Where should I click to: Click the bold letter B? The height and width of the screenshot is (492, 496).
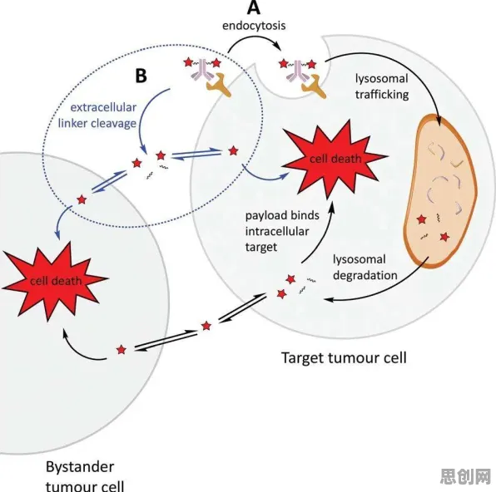pos(141,76)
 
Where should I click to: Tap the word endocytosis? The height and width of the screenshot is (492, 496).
pos(254,26)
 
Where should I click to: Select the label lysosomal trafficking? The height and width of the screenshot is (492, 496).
pos(382,86)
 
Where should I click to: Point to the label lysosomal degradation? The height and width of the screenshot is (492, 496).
pos(365,268)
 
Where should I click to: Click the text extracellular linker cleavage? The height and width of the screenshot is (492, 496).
pos(97,116)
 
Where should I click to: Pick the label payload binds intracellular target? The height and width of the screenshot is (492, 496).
pos(282,231)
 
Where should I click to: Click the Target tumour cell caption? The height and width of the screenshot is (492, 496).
pos(344,358)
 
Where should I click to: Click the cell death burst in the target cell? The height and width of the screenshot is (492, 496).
pos(335,158)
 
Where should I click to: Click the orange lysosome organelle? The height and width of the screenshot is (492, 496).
pos(440,191)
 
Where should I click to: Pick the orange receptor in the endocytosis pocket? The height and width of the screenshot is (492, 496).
pos(314,86)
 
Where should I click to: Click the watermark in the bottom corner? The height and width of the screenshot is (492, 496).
pos(465,476)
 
